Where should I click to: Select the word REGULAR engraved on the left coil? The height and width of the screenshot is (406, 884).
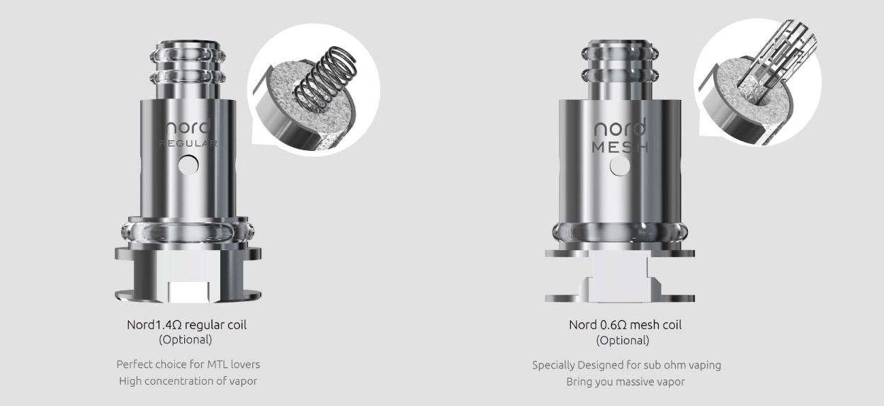tap(188, 144)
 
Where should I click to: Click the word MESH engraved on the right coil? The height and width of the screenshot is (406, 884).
tap(619, 147)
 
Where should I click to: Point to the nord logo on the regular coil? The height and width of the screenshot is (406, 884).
tap(187, 128)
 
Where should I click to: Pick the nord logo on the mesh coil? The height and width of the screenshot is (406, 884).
tap(619, 129)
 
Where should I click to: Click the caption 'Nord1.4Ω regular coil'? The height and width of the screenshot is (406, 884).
tap(186, 325)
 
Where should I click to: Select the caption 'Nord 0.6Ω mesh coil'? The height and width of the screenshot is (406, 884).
tap(625, 325)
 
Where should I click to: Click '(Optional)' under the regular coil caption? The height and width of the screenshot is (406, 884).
tap(186, 339)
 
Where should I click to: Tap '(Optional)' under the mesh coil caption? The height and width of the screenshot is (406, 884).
tap(623, 340)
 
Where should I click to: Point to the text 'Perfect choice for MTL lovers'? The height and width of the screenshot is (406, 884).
tap(188, 365)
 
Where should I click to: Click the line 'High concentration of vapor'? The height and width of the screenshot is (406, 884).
tap(188, 382)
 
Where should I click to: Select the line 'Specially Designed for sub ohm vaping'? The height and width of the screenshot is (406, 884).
tap(626, 366)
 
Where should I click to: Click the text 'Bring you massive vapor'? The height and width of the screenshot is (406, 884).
tap(625, 382)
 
